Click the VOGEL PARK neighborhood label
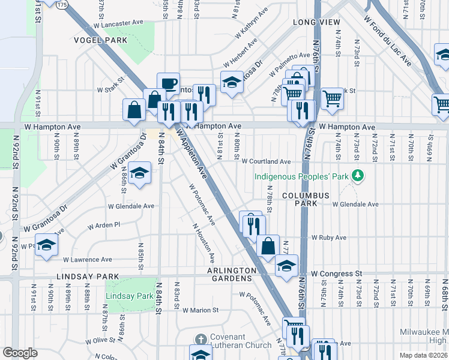101,40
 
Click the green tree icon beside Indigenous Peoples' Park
358,175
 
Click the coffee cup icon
168,83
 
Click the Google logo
20,353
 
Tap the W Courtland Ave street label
266,161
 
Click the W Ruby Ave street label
328,238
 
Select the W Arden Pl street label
104,226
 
